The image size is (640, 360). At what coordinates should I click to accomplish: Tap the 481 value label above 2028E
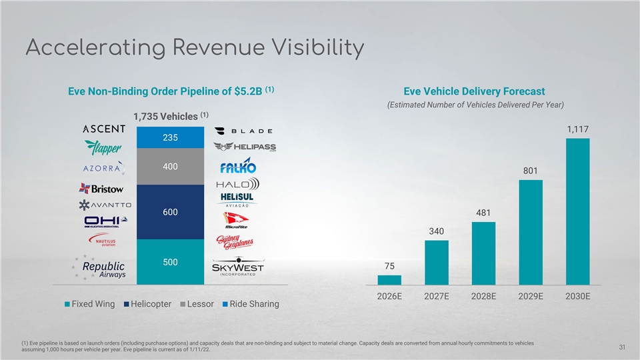(x=483, y=213)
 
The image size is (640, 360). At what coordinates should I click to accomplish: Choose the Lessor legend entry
(x=196, y=304)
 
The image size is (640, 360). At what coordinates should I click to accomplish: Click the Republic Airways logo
(x=101, y=269)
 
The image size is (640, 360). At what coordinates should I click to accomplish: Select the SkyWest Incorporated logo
(x=238, y=267)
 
